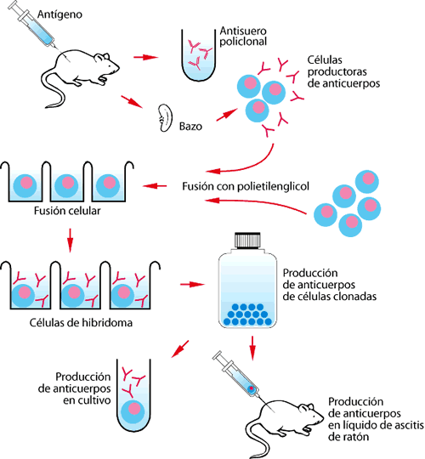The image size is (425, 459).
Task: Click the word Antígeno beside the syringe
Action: [x=59, y=14]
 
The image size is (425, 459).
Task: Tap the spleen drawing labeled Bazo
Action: [x=165, y=118]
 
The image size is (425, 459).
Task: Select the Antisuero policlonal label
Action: [x=243, y=37]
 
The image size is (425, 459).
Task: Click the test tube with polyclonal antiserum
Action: [x=198, y=54]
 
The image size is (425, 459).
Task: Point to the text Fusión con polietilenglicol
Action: [x=246, y=186]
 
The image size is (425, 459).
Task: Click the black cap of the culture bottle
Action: [x=247, y=241]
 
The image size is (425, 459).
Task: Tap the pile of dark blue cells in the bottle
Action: [x=247, y=314]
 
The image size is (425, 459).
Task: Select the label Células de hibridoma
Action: [x=81, y=323]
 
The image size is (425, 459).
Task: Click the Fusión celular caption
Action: [x=67, y=211]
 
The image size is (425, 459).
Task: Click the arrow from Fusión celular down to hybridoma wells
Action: [x=70, y=240]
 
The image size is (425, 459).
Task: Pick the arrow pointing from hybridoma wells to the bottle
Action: [x=192, y=284]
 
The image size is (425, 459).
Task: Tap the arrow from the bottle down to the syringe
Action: [x=252, y=348]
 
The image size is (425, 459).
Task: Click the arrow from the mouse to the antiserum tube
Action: [x=145, y=57]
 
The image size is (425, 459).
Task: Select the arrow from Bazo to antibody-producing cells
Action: [x=227, y=115]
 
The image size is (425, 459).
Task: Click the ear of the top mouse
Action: [x=105, y=57]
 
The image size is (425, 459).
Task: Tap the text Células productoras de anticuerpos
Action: [x=343, y=71]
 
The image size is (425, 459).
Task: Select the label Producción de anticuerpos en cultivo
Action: [x=75, y=388]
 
